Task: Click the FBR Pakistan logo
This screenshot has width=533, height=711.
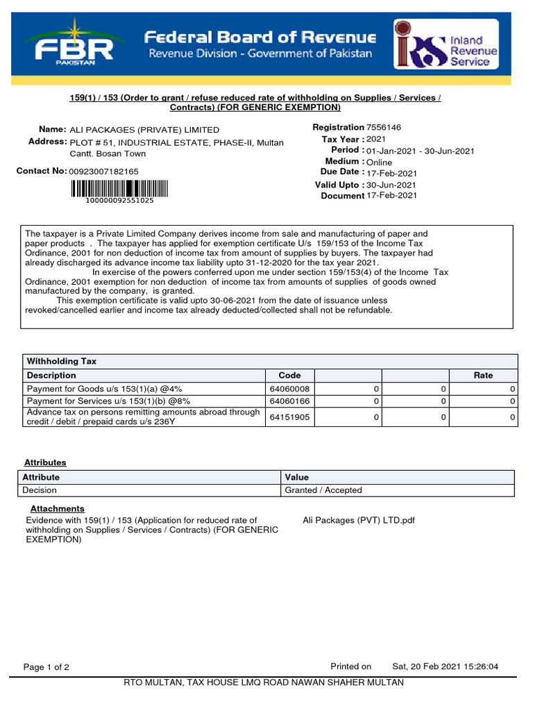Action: [x=75, y=42]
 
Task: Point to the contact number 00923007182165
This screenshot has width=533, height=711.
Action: [x=104, y=171]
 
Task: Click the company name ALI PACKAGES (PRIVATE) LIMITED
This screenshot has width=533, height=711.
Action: [x=144, y=130]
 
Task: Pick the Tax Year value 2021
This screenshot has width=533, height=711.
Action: [x=376, y=140]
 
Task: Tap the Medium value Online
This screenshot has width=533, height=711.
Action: [x=379, y=162]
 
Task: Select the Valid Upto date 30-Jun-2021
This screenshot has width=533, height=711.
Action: [x=391, y=185]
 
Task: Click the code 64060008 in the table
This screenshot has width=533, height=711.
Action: [x=289, y=389]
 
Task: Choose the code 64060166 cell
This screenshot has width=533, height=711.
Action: [x=289, y=401]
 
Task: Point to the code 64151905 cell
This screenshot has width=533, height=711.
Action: [x=289, y=417]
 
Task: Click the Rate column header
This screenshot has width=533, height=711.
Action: [x=483, y=375]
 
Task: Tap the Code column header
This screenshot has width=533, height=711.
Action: [x=289, y=375]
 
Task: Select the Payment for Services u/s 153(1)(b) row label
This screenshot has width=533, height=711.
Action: [x=108, y=401]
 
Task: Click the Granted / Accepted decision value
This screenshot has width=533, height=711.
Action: [x=323, y=490]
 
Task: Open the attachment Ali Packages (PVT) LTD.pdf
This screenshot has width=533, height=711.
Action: [x=359, y=520]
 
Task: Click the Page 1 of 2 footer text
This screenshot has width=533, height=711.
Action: [x=46, y=667]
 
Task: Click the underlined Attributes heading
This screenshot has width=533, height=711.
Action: [x=45, y=462]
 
